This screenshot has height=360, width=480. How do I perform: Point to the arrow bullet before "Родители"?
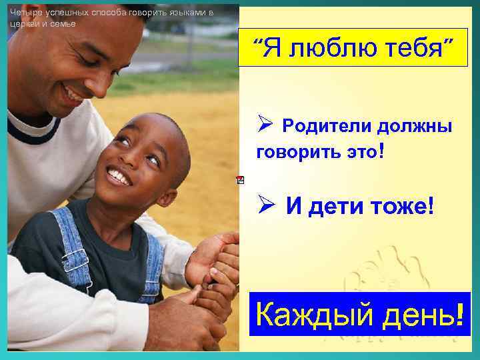tap(264, 125)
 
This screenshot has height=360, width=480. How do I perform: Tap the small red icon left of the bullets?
tap(240, 179)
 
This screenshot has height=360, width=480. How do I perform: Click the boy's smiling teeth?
tap(120, 177)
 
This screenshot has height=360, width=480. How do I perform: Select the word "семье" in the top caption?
tap(64, 23)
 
